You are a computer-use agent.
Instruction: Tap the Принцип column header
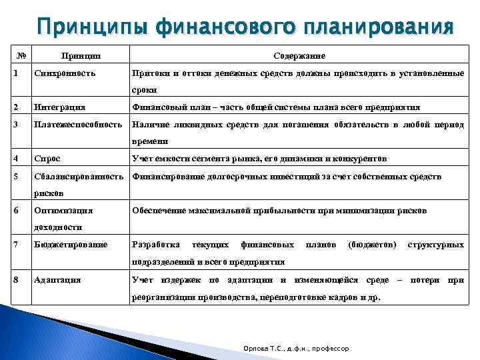[x=78, y=55]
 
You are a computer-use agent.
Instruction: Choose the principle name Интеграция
[x=59, y=107]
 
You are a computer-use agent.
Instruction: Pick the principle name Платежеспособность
[x=77, y=124]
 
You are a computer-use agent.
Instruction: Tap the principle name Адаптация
[x=57, y=279]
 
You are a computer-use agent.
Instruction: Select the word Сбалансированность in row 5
[x=79, y=176]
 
